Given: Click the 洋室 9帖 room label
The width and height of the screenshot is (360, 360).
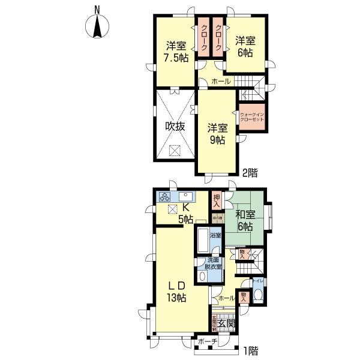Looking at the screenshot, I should tap(217, 134).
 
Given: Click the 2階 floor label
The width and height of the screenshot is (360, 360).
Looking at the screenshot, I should tap(250, 173).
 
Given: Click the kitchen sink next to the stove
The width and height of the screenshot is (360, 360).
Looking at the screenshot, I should tap(187, 196).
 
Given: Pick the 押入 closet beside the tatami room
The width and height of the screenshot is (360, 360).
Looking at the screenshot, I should tap(217, 199).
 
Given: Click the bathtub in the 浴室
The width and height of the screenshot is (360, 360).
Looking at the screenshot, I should tap(202, 242).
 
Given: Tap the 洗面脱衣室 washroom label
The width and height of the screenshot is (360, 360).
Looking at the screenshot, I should tap(214, 265).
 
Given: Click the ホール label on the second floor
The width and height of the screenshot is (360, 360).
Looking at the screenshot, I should tap(221, 82).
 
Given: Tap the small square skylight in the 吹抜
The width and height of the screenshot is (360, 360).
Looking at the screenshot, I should tap(175, 151).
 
